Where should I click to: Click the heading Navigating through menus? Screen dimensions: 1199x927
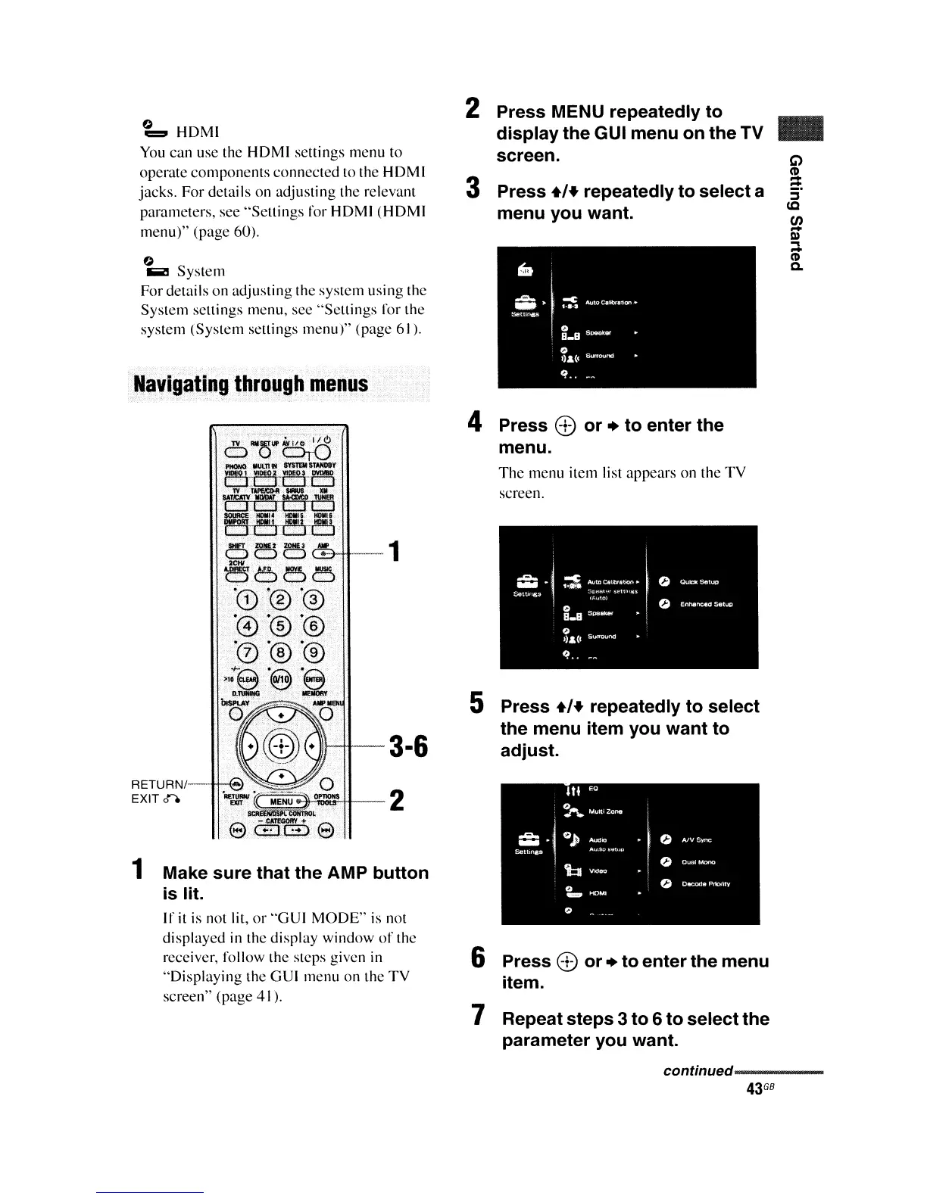[251, 384]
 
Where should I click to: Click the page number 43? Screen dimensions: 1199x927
[753, 1089]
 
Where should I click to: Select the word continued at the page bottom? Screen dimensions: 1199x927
[697, 1071]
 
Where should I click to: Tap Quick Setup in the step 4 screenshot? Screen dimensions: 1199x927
[698, 582]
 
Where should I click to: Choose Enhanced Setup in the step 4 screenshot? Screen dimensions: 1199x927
[706, 604]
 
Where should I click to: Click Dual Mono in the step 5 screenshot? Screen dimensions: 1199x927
[698, 862]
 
